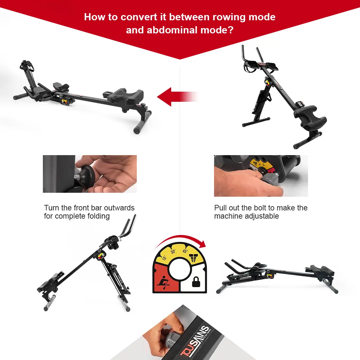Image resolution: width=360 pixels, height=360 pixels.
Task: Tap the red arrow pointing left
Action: click(x=173, y=97)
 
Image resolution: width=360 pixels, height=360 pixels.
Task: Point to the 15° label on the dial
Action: click(x=164, y=258)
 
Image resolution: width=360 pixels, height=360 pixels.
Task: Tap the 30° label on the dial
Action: click(x=173, y=252)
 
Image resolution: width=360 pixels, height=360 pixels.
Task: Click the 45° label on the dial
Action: click(x=185, y=251)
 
